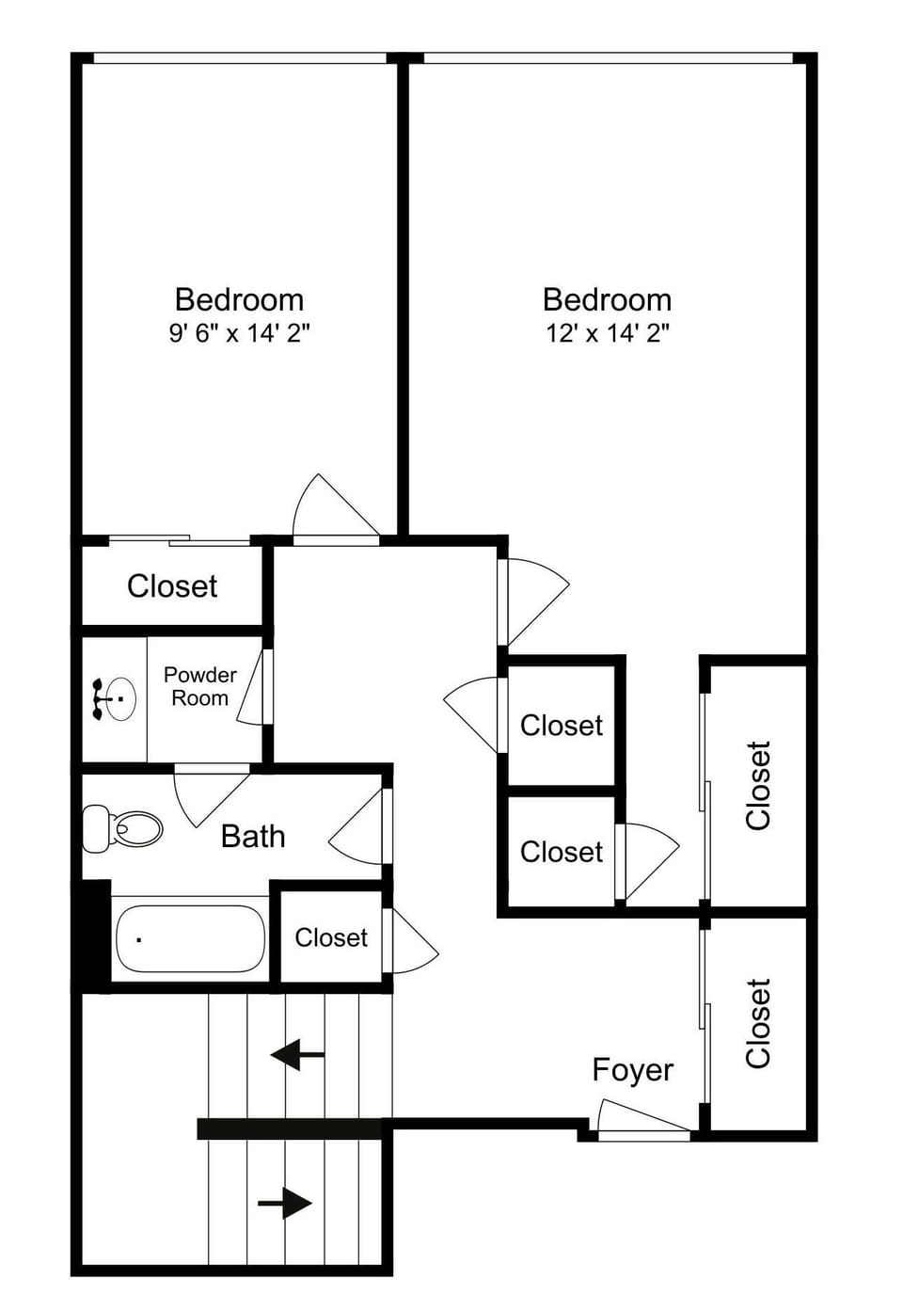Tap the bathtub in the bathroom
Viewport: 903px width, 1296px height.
tap(190, 939)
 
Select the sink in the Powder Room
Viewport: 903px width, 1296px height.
tap(114, 698)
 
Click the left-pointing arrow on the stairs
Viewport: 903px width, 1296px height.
tap(297, 1054)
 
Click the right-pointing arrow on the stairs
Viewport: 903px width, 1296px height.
tap(285, 1202)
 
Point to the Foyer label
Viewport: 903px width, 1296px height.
tap(632, 1070)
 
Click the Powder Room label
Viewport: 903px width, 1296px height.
tap(199, 686)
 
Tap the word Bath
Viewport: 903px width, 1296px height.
tap(252, 836)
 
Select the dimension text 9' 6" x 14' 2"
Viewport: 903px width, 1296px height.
tap(239, 333)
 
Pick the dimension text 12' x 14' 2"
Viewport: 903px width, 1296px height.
tap(607, 333)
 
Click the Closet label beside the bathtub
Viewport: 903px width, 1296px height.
tap(331, 937)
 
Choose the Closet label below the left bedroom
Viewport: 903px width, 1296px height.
tap(172, 586)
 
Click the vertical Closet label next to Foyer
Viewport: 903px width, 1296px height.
tap(758, 1023)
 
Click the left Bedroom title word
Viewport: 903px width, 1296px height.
tap(239, 299)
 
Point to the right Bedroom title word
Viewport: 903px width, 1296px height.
tap(607, 299)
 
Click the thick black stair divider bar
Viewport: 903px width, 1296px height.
tap(292, 1128)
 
